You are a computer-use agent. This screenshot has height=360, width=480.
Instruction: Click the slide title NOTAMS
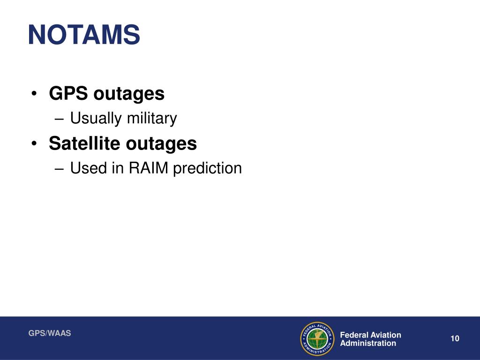pos(84,35)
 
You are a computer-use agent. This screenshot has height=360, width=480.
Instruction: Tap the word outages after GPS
pos(129,94)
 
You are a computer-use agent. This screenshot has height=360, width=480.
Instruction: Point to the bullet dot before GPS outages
pos(36,94)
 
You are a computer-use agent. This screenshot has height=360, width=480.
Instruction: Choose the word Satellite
pos(84,143)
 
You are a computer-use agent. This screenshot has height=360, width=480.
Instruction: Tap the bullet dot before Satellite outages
pos(36,144)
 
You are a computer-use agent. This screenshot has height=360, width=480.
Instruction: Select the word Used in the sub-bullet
pos(89,168)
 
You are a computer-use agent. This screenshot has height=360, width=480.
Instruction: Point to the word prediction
pos(207,168)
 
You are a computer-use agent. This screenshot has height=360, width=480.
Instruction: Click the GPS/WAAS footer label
pos(50,333)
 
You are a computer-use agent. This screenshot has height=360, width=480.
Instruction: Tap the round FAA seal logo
pos(317,338)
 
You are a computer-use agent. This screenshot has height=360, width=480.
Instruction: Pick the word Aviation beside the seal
pos(386,335)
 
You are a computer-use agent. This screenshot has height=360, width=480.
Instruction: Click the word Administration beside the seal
pos(368,343)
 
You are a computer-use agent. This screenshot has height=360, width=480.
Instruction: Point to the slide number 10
pos(454,339)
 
